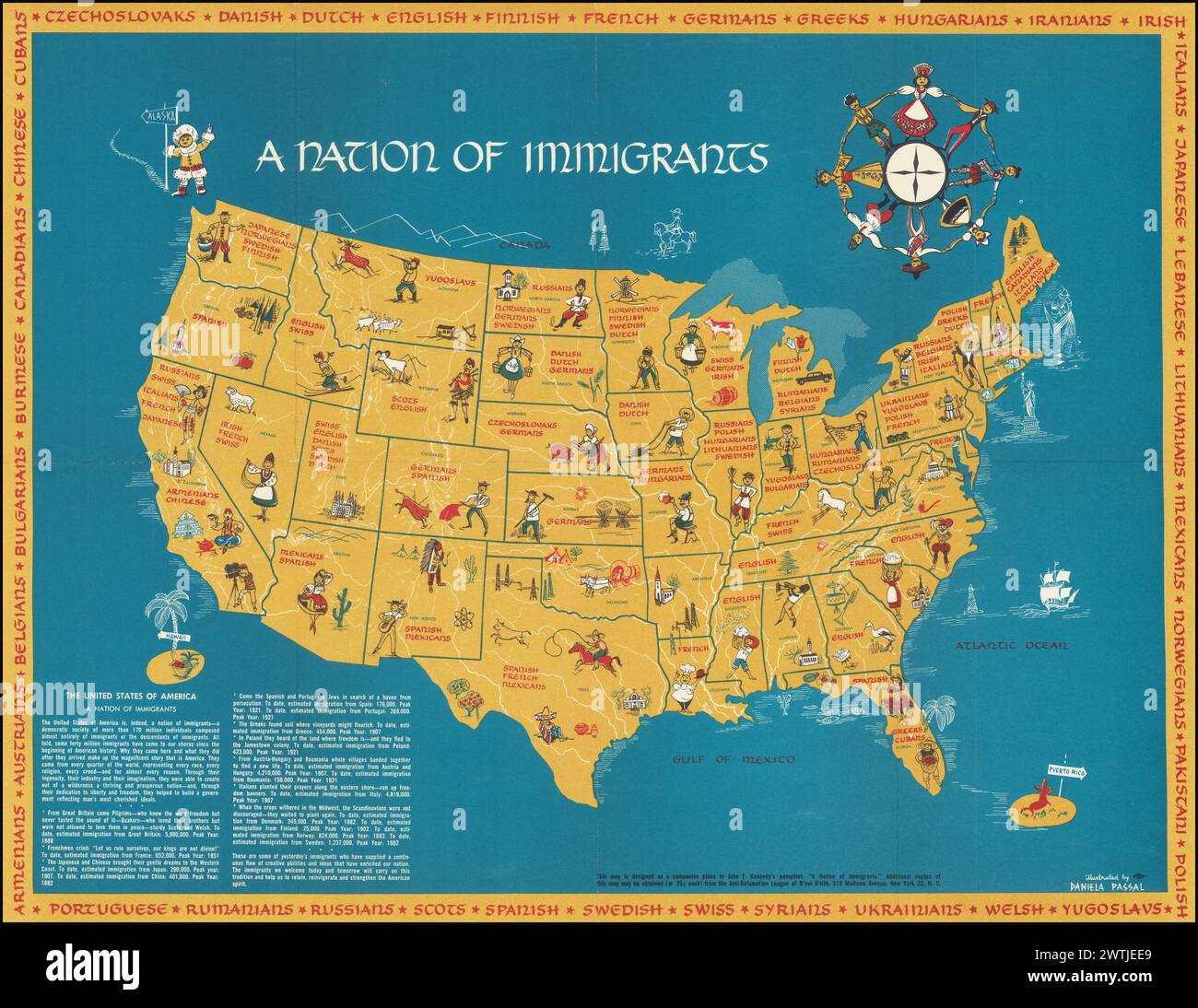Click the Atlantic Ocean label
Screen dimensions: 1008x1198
[x=1011, y=646]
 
